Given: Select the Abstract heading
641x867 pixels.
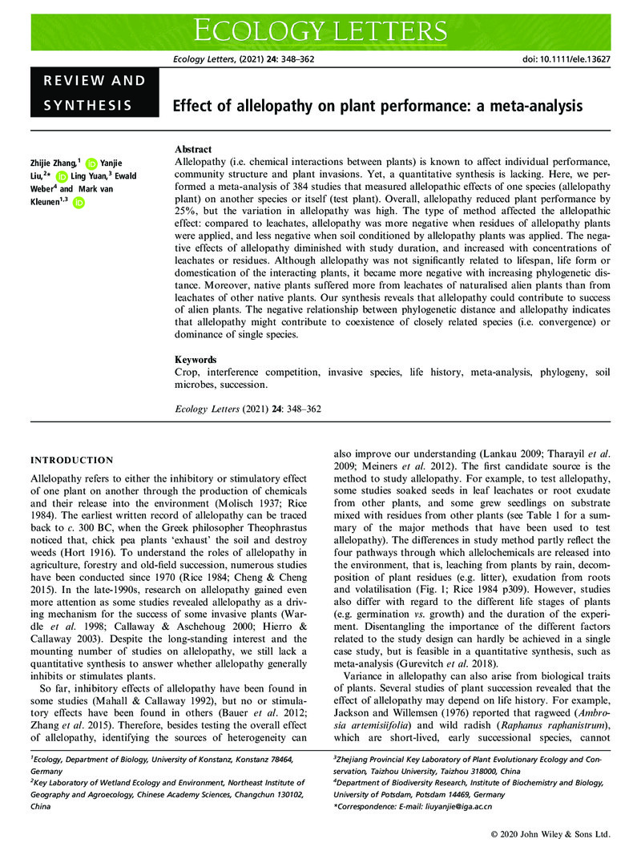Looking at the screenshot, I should pos(193,150).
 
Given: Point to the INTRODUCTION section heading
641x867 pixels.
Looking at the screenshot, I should pos(71,460).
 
